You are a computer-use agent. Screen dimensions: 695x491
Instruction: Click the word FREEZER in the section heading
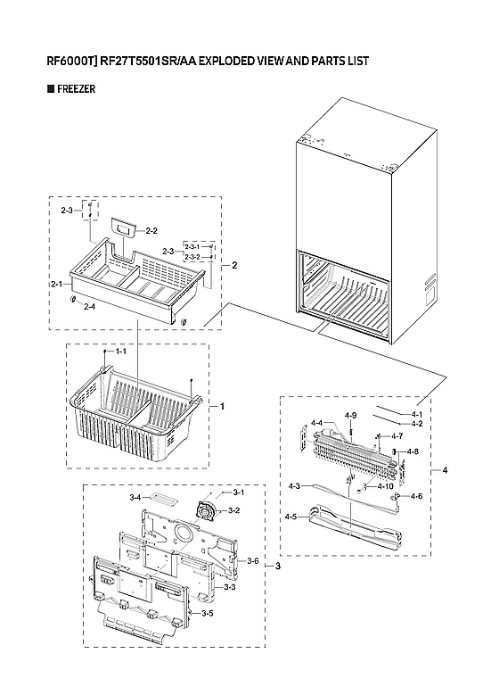point(76,90)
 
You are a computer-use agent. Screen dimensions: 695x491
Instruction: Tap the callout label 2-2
point(151,231)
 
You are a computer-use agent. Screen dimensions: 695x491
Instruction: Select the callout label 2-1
point(60,284)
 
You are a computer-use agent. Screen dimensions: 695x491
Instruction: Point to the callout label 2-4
point(89,307)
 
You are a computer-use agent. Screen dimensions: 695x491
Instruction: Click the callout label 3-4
point(135,496)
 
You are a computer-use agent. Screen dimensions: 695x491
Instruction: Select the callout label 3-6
point(252,560)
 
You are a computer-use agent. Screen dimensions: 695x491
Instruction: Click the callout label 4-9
point(350,416)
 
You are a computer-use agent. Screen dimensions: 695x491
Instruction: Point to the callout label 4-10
point(385,486)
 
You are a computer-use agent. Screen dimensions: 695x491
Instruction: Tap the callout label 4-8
point(412,452)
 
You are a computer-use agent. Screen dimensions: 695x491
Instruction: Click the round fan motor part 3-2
point(207,510)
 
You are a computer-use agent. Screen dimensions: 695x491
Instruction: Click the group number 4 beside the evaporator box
point(445,470)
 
